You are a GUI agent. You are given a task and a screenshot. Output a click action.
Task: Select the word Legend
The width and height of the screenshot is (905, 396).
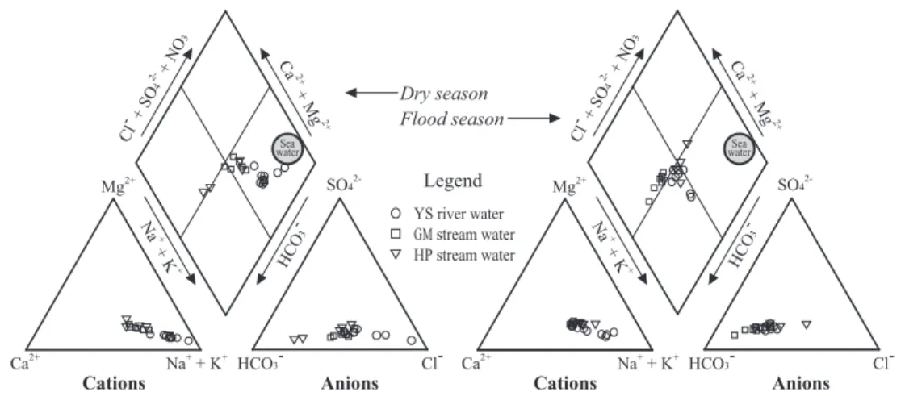click(453, 181)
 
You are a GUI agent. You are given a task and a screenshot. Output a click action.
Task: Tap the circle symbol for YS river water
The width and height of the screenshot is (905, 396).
click(396, 214)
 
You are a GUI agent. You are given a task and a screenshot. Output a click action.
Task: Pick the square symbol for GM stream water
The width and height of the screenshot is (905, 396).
click(396, 235)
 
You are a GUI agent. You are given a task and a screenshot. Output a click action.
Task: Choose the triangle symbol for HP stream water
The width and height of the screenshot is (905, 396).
click(396, 255)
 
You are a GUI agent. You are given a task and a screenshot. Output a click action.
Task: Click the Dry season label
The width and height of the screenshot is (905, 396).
click(444, 94)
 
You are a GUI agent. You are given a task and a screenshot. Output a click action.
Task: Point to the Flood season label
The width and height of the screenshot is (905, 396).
click(452, 119)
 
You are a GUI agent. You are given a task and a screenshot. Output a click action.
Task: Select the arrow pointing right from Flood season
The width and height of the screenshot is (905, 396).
click(534, 119)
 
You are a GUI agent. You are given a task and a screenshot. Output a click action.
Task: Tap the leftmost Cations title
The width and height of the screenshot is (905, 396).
click(114, 383)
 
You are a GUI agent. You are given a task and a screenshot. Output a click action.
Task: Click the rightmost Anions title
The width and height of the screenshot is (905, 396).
click(801, 383)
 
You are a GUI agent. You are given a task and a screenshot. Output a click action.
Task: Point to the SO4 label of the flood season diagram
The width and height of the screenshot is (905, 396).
click(793, 185)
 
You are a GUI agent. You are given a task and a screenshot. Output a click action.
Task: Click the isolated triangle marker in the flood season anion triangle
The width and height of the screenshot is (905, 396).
click(807, 325)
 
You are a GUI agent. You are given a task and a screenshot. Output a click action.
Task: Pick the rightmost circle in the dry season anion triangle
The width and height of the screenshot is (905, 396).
click(411, 340)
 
